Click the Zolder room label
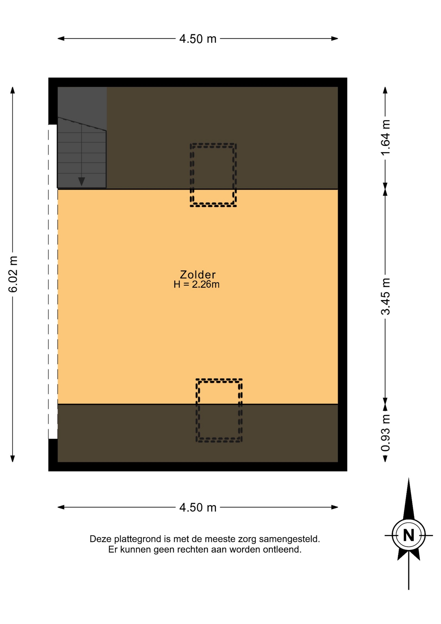click(198, 274)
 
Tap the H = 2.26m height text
click(196, 284)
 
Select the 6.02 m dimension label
click(13, 274)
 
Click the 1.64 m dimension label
click(385, 138)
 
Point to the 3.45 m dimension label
click(385, 296)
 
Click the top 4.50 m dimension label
click(198, 39)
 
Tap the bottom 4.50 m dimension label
click(198, 507)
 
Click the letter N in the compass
click(409, 535)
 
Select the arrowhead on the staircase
click(82, 181)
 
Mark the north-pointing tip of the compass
click(409, 478)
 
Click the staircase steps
click(82, 153)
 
